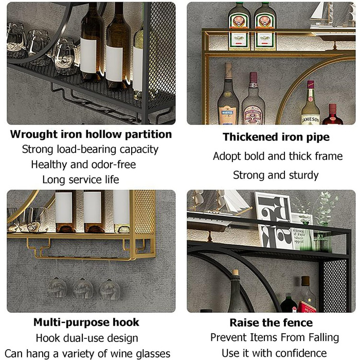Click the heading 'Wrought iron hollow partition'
[x=91, y=134]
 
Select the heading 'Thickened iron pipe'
[x=276, y=137]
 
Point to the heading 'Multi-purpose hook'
[x=86, y=322]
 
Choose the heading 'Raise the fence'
[x=271, y=322]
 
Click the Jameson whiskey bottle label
[x=310, y=119]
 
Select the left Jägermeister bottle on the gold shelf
[x=239, y=26]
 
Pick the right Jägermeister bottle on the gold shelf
[x=265, y=26]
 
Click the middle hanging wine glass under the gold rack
[x=83, y=289]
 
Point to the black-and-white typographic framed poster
[x=273, y=220]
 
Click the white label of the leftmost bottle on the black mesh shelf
[x=88, y=56]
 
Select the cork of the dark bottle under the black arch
[x=235, y=273]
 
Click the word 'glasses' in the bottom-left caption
[x=153, y=354]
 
